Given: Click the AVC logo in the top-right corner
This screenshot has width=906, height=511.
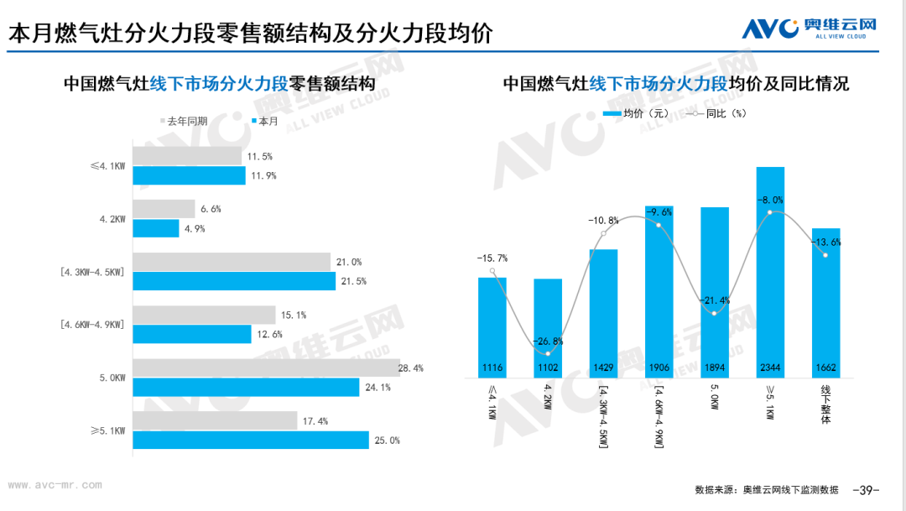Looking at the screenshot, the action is click(809, 28).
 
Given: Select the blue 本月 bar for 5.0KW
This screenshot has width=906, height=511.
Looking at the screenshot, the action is click(246, 388).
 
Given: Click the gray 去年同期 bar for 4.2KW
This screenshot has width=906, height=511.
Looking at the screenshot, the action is click(164, 209).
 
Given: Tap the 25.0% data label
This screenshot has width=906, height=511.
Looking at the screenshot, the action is click(387, 441).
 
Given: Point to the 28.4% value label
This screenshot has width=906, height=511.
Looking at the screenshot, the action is click(411, 368).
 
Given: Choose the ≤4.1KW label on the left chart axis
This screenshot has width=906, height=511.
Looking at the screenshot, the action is click(108, 166).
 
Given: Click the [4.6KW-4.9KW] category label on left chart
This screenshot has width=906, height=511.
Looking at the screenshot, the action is click(92, 325).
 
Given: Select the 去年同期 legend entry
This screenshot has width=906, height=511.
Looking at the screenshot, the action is click(184, 122).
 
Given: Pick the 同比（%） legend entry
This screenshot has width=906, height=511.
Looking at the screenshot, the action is click(716, 114).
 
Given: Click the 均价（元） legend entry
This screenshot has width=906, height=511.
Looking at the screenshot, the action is click(636, 114).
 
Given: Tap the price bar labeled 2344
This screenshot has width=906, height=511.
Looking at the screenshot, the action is click(770, 272).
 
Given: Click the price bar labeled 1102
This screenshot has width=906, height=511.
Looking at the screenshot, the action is click(548, 328).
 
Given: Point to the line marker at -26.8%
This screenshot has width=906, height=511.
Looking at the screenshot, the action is click(548, 354).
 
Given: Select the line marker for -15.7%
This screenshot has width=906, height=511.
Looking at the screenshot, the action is click(492, 270).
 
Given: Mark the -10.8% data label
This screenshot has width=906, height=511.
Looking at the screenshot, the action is click(603, 221).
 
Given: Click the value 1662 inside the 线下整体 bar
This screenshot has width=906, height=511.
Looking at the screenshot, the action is click(825, 368).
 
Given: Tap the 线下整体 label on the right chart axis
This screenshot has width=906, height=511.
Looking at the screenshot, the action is click(825, 405).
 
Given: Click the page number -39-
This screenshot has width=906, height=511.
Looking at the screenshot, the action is click(866, 490).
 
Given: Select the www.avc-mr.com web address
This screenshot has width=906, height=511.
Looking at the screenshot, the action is click(55, 485).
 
